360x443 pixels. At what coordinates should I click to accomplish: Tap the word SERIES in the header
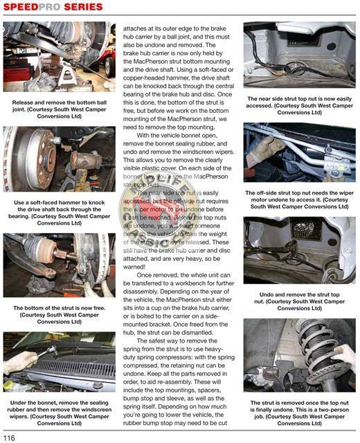(x=84, y=8)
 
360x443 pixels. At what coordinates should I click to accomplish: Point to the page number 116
(x=9, y=437)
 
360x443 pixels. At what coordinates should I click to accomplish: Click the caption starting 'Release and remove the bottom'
(x=60, y=109)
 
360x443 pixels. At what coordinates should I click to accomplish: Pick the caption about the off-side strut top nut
(x=300, y=201)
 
